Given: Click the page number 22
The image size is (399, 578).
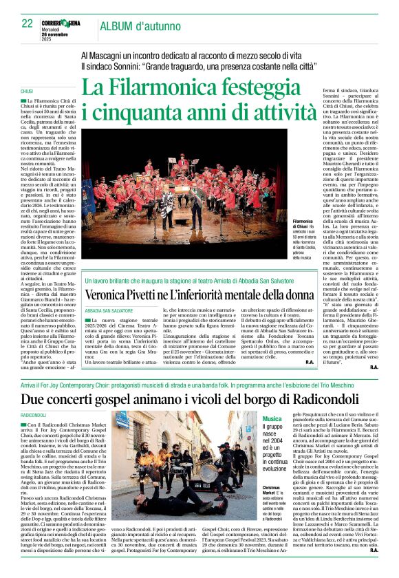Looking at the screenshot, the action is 27,23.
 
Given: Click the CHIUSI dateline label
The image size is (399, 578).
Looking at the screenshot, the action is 27,91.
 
